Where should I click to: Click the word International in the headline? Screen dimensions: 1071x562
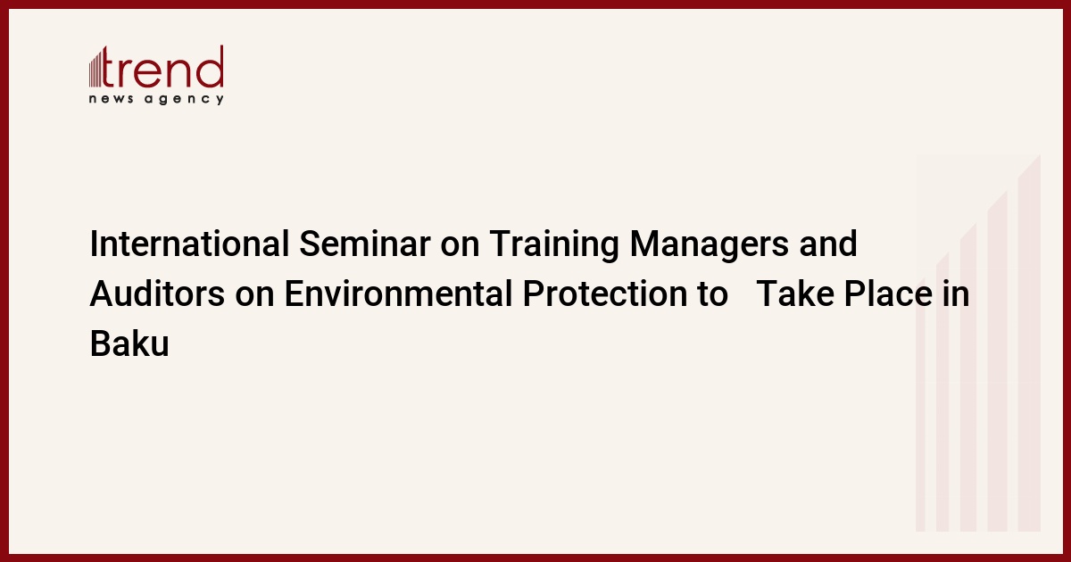click(189, 244)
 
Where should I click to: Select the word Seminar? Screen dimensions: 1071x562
click(365, 244)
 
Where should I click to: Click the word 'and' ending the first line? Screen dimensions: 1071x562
click(828, 244)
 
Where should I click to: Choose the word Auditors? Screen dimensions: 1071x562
click(157, 293)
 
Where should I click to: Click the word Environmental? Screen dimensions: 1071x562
click(399, 293)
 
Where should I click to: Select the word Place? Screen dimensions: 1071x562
click(888, 293)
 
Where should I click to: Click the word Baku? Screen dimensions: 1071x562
click(129, 343)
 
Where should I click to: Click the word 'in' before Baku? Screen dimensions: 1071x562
click(956, 293)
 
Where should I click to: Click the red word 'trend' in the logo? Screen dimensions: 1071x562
click(162, 67)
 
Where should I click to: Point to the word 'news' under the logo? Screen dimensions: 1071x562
click(111, 99)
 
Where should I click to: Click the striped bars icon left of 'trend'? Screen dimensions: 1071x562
click(95, 68)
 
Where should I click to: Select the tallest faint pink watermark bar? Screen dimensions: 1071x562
click(1029, 343)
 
